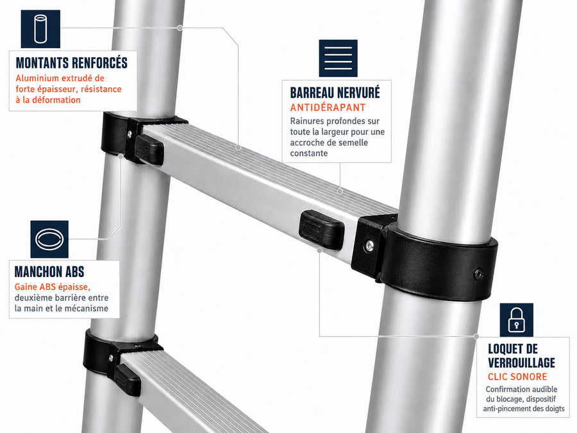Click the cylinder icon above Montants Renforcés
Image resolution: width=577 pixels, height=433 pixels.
[x=40, y=29]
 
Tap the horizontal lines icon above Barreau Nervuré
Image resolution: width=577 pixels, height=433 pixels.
[x=338, y=58]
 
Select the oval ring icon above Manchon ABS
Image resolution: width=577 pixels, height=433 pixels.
[x=49, y=239]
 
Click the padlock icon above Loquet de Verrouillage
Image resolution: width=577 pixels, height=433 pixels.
[x=516, y=320]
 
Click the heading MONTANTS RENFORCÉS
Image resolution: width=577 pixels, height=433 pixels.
[x=72, y=63]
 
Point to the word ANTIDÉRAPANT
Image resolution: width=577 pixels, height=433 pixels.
[x=328, y=108]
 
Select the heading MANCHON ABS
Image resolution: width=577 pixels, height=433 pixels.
[x=49, y=272]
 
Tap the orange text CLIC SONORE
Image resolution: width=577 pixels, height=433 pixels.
[x=517, y=377]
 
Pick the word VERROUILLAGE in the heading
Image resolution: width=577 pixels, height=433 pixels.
[x=521, y=362]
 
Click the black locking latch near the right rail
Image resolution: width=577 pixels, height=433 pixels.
[x=321, y=230]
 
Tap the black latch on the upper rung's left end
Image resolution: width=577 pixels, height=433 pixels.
[x=149, y=149]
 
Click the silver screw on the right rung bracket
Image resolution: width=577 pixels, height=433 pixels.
[x=369, y=244]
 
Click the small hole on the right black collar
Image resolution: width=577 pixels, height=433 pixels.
[x=478, y=273]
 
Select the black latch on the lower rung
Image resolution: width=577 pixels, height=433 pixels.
[x=128, y=379]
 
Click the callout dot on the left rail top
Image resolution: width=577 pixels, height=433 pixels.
[x=180, y=28]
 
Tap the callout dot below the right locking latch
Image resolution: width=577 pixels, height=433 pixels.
[x=320, y=250]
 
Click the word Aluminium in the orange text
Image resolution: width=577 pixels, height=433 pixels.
[x=37, y=78]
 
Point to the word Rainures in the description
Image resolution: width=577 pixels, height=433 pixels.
[x=307, y=121]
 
